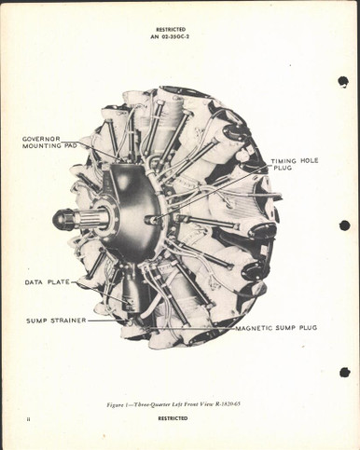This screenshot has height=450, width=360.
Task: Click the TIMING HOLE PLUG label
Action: coord(295,164)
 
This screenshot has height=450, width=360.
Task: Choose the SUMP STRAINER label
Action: coord(56,320)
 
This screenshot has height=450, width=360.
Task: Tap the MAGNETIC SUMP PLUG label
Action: coord(279,328)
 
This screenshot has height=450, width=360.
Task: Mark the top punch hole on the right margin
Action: coord(343,81)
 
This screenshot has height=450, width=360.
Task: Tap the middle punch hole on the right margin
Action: coord(344,225)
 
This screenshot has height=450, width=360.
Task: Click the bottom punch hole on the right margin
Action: coord(343,371)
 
